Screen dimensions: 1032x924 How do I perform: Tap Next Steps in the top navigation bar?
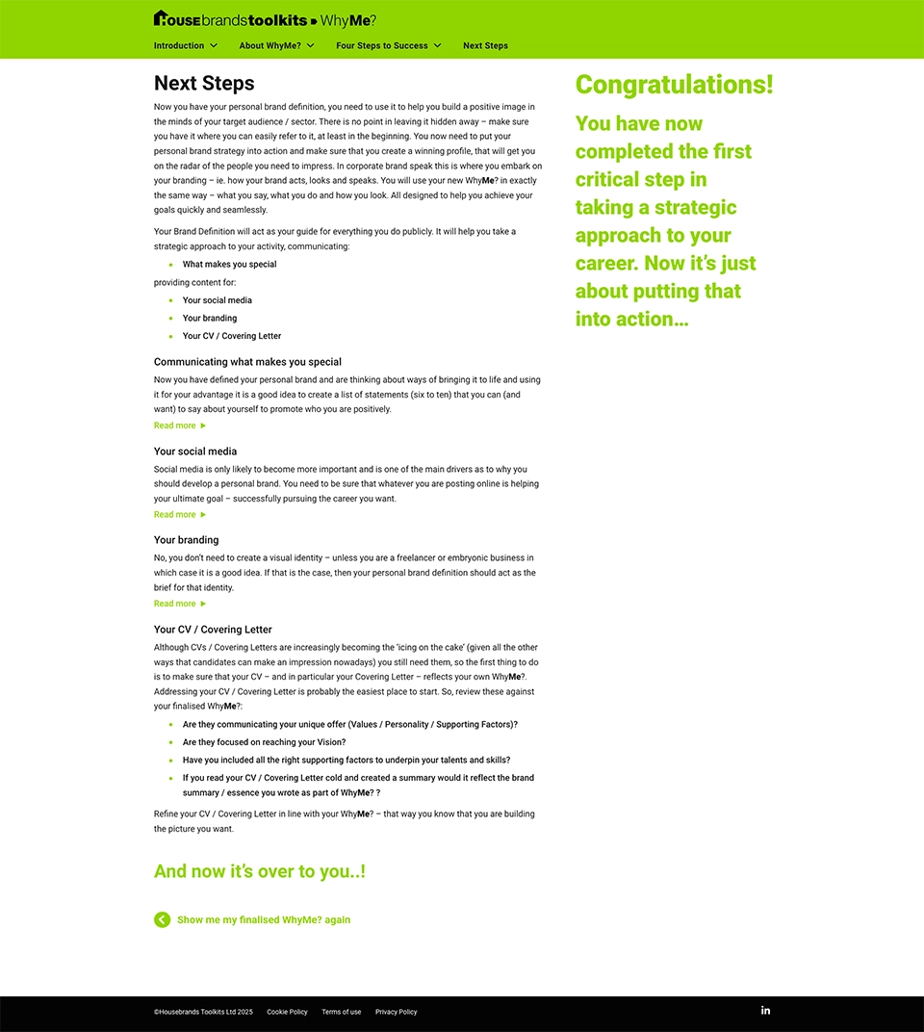485,45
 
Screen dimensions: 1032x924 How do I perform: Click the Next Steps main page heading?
204,84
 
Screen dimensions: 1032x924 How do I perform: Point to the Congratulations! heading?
674,85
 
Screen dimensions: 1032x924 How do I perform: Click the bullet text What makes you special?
229,265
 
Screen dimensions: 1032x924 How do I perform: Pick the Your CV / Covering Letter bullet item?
231,336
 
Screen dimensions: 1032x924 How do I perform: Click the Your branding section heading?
186,540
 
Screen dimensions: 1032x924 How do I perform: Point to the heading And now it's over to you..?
259,871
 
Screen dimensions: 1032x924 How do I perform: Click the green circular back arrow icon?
162,919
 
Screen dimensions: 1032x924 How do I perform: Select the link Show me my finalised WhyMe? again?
263,920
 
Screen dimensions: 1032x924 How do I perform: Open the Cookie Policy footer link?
287,1012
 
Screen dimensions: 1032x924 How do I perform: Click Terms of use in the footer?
341,1012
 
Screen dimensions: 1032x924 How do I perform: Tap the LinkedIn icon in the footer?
765,1010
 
